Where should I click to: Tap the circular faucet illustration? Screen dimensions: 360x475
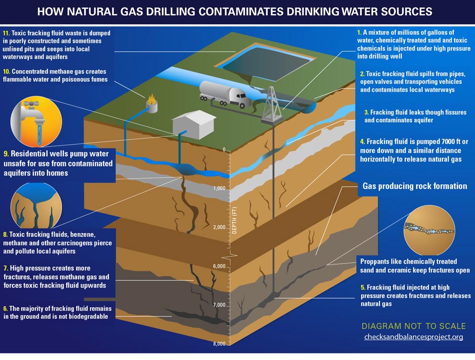pos(36,120)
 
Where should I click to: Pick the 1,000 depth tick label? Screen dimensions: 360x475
pos(219,189)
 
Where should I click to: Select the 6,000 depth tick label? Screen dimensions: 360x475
pos(219,266)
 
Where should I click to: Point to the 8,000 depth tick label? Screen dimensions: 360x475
pos(219,344)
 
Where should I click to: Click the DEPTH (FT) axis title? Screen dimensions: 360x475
pos(235,220)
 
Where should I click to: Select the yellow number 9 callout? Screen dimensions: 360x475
pos(6,154)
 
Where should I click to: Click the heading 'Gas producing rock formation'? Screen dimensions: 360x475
pos(415,186)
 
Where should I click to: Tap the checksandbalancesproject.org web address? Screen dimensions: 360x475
pos(413,337)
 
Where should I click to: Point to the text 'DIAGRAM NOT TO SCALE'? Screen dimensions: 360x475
pos(413,326)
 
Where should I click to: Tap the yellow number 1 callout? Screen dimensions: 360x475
pos(359,33)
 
